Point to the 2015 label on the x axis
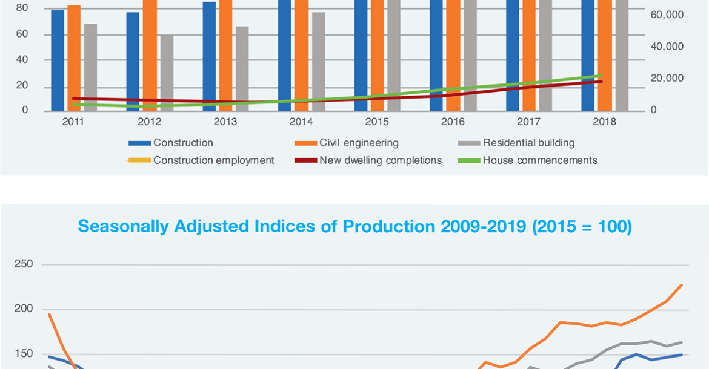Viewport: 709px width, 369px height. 377,122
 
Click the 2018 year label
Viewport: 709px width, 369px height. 604,122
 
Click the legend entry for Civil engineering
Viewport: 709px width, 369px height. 359,143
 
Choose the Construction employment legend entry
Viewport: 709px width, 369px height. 213,160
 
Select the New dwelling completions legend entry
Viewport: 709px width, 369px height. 380,160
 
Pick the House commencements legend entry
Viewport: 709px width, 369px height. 540,160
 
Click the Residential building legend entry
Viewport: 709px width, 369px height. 528,143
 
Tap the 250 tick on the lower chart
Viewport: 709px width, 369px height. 24,264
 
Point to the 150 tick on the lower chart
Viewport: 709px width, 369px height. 24,354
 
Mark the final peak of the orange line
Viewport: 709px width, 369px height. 682,284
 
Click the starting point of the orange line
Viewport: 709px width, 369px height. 49,314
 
